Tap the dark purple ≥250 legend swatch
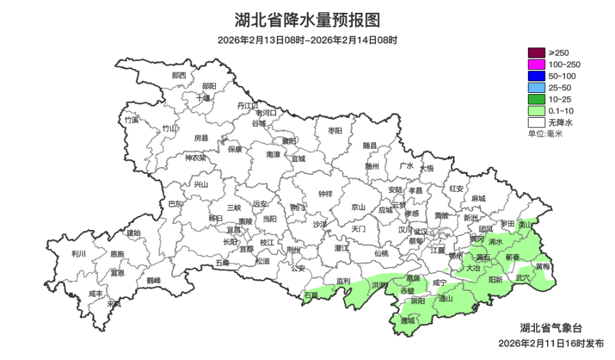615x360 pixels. click(x=536, y=53)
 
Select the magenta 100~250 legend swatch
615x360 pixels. click(x=536, y=64)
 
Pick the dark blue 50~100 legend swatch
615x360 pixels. click(x=536, y=76)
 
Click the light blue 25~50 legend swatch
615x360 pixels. click(x=536, y=87)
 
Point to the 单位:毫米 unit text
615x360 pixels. click(x=545, y=134)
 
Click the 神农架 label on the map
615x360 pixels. click(x=195, y=158)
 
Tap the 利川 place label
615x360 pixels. click(x=79, y=254)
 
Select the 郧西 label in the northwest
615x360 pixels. click(x=179, y=75)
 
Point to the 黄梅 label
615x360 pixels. click(x=543, y=266)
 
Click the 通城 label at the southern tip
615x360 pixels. click(x=407, y=320)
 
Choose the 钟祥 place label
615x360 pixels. click(x=325, y=194)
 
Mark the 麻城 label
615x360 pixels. click(x=478, y=199)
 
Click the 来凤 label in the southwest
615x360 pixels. click(x=113, y=304)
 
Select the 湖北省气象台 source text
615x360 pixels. click(x=552, y=327)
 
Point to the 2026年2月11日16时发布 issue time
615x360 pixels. click(x=551, y=343)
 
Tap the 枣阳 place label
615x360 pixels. click(x=335, y=130)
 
